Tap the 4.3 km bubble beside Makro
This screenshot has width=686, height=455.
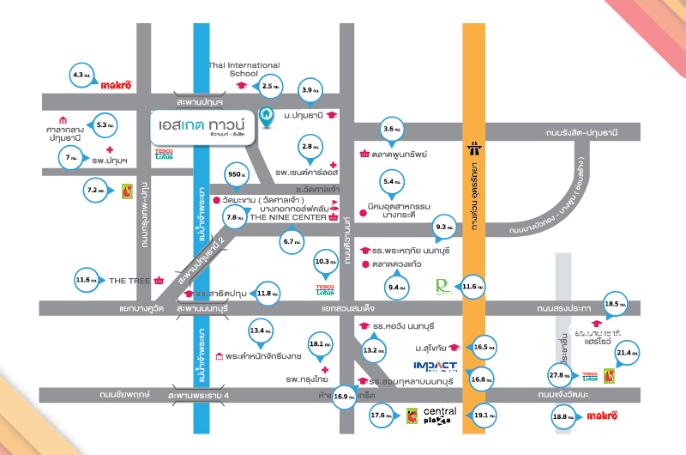pyautogui.click(x=82, y=76)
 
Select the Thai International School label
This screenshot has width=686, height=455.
pyautogui.click(x=244, y=70)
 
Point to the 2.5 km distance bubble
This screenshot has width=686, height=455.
pyautogui.click(x=270, y=86)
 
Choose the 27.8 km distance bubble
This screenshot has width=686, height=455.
pyautogui.click(x=560, y=376)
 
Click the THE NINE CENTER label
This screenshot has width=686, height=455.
pyautogui.click(x=280, y=218)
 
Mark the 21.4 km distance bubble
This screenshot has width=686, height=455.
pyautogui.click(x=623, y=352)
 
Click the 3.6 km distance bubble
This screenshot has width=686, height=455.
pyautogui.click(x=393, y=129)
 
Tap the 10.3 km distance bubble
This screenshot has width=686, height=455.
pyautogui.click(x=325, y=260)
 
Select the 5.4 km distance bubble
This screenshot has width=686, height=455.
pyautogui.click(x=393, y=181)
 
